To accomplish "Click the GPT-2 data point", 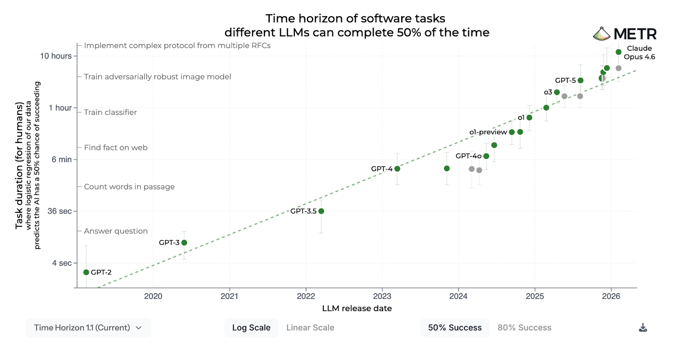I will pyautogui.click(x=86, y=272).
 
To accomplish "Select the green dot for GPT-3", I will pyautogui.click(x=184, y=242).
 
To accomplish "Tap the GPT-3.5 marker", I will pyautogui.click(x=322, y=211).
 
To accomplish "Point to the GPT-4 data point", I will pyautogui.click(x=397, y=169).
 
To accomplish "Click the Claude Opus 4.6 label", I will pyautogui.click(x=639, y=52).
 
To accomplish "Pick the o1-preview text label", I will pyautogui.click(x=488, y=132).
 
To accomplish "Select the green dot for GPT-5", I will pyautogui.click(x=581, y=80).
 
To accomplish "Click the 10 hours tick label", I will pyautogui.click(x=56, y=56).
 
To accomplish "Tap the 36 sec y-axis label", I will pyautogui.click(x=59, y=211).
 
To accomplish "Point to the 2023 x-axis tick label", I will pyautogui.click(x=382, y=296).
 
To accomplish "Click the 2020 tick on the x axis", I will pyautogui.click(x=153, y=296).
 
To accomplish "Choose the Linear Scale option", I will pyautogui.click(x=310, y=328).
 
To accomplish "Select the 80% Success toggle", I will pyautogui.click(x=524, y=328).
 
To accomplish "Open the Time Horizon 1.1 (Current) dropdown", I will pyautogui.click(x=88, y=328).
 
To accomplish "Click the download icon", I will pyautogui.click(x=643, y=328).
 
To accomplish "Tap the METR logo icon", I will pyautogui.click(x=602, y=34).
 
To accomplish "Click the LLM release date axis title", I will pyautogui.click(x=357, y=308).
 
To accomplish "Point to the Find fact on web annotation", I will pyautogui.click(x=116, y=148).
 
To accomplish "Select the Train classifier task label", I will pyautogui.click(x=111, y=112).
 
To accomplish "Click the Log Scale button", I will pyautogui.click(x=251, y=328).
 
